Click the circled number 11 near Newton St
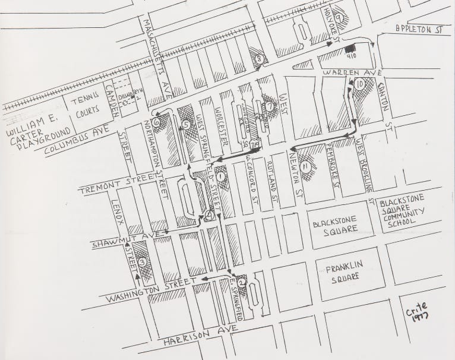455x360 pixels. (305, 168)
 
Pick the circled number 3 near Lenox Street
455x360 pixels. (141, 263)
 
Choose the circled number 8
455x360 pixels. (259, 58)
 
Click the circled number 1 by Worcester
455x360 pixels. (221, 176)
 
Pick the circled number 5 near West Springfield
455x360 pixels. (187, 125)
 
